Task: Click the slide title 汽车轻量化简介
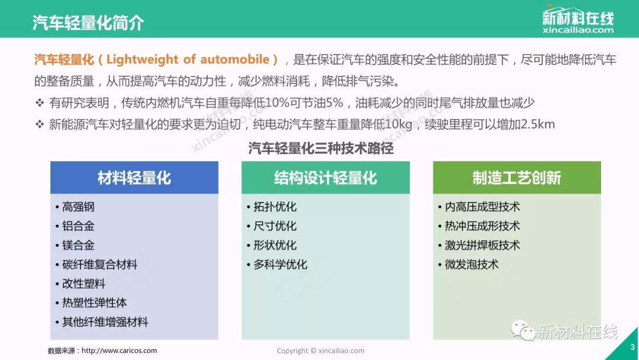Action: pyautogui.click(x=88, y=22)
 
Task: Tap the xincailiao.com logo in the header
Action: pyautogui.click(x=578, y=20)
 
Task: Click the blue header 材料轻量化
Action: pyautogui.click(x=134, y=178)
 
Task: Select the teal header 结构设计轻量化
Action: pyautogui.click(x=325, y=178)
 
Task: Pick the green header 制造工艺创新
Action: pyautogui.click(x=517, y=178)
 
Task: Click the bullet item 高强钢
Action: pyautogui.click(x=78, y=207)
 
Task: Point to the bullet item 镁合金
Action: pyautogui.click(x=78, y=245)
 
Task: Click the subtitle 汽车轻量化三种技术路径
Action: pyautogui.click(x=321, y=148)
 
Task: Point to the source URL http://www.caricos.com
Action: pyautogui.click(x=119, y=351)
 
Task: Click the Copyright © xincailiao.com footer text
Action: pyautogui.click(x=321, y=351)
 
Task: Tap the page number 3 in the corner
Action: pyautogui.click(x=632, y=348)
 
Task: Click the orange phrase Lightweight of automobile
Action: pyautogui.click(x=188, y=60)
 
